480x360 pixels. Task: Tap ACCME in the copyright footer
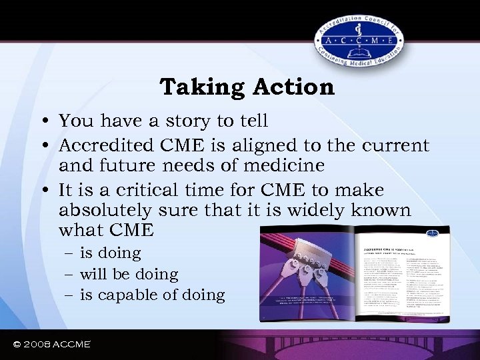[x=71, y=344]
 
